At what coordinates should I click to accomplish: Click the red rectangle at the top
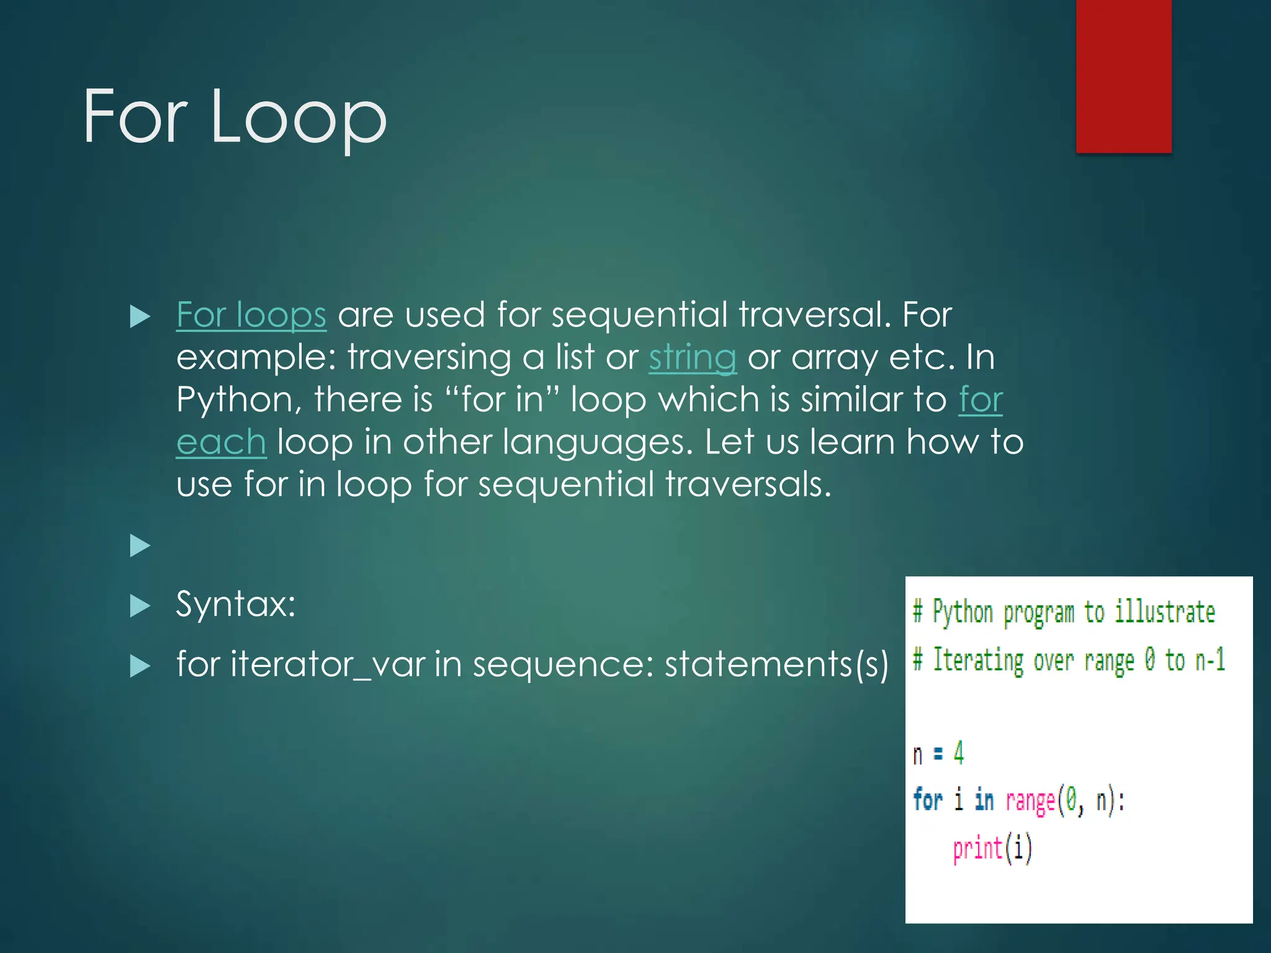[x=1123, y=76]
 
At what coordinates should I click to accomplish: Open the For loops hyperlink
[x=251, y=315]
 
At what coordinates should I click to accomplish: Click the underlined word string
[x=693, y=358]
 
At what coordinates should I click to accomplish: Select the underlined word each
[x=221, y=442]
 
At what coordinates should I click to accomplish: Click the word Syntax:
[x=236, y=604]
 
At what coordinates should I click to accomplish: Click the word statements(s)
[x=776, y=664]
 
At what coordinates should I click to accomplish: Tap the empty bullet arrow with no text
[x=140, y=546]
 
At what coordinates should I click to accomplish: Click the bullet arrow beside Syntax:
[x=140, y=606]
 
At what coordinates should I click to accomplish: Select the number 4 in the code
[x=959, y=753]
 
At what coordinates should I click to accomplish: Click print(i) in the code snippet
[x=992, y=848]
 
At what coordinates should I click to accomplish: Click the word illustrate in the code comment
[x=1164, y=612]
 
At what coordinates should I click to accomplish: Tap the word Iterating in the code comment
[x=978, y=660]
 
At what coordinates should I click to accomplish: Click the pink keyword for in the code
[x=927, y=800]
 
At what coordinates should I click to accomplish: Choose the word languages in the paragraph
[x=597, y=442]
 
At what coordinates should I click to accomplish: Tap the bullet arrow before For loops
[x=140, y=317]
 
